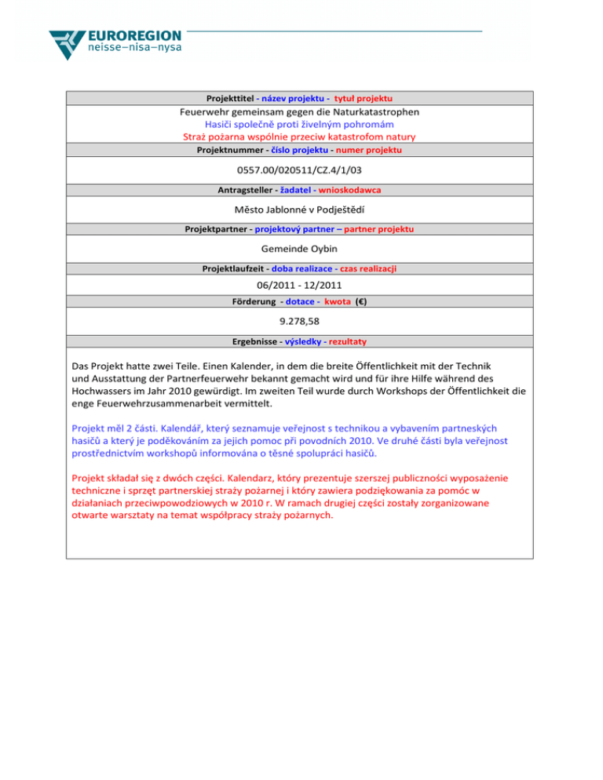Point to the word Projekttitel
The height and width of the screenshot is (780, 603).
point(229,99)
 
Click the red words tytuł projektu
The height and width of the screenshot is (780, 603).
point(364,99)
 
